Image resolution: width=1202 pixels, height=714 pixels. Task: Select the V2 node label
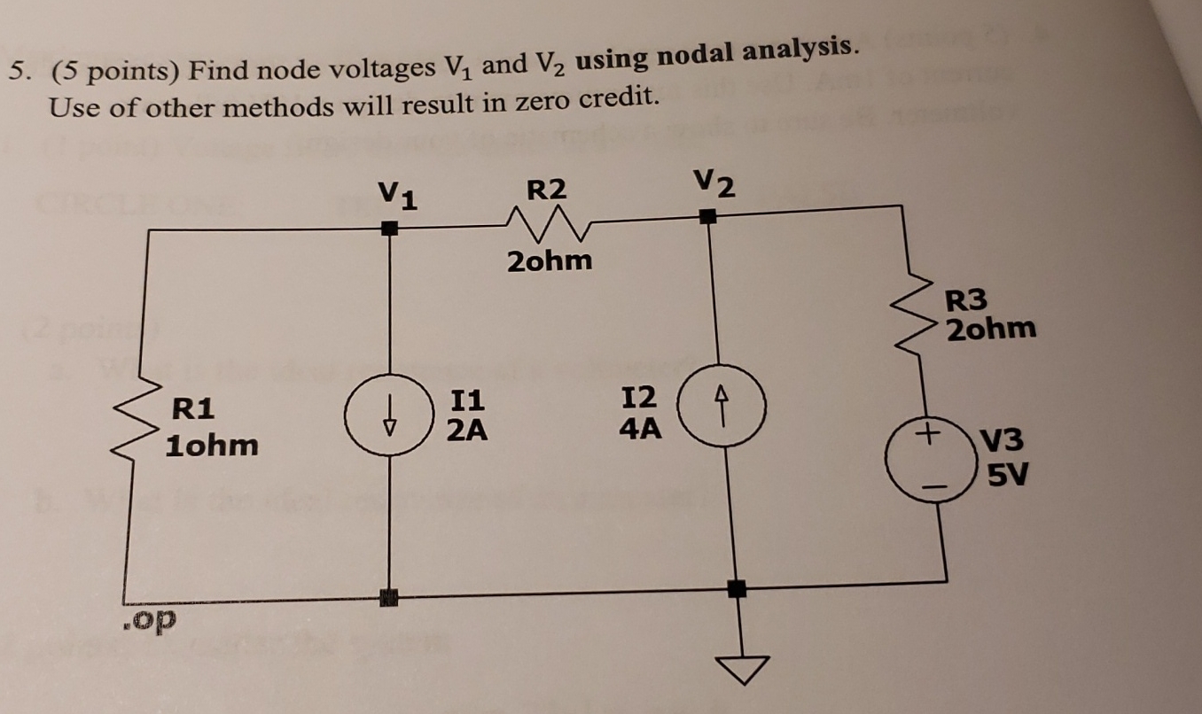714,183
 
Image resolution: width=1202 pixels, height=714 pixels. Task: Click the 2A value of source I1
466,431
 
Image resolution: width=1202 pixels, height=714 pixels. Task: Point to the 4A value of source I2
640,430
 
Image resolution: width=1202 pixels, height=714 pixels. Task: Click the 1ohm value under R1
212,444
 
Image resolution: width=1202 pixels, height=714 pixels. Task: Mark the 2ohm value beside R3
990,330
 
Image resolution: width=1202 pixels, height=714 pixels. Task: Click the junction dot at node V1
389,229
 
